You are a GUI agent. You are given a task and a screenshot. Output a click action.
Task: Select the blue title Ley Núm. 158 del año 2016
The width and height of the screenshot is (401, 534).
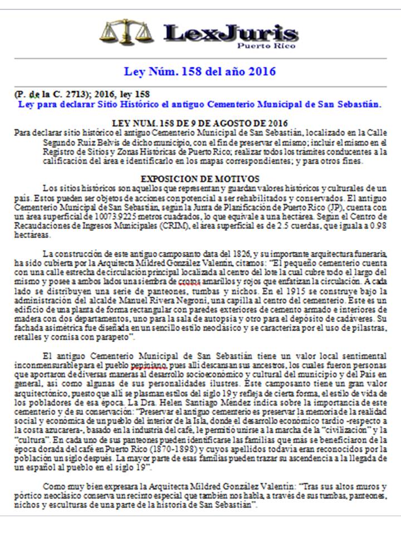click(x=199, y=72)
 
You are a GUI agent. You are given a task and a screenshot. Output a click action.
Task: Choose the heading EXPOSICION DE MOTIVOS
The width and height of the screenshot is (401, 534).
click(x=199, y=179)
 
